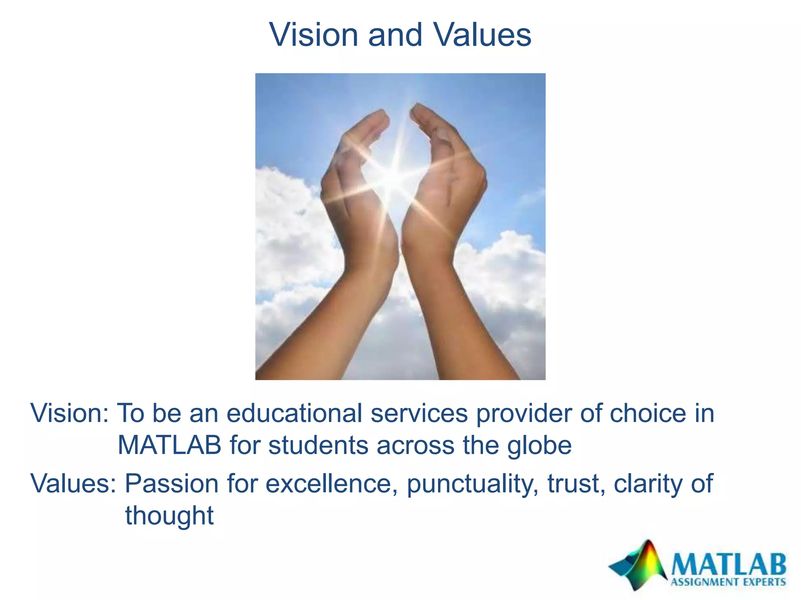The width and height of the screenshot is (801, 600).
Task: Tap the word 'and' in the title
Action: point(395,35)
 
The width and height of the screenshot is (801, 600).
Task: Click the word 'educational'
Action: point(295,413)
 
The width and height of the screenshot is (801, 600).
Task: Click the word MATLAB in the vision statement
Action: point(169,445)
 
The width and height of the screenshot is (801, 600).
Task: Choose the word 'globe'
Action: point(539,446)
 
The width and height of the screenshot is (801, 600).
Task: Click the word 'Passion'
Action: point(172,484)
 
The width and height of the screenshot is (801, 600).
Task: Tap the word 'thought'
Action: point(169,516)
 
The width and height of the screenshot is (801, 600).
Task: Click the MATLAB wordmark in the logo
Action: point(728,564)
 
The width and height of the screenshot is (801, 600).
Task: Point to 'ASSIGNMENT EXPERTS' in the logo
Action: point(728,582)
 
